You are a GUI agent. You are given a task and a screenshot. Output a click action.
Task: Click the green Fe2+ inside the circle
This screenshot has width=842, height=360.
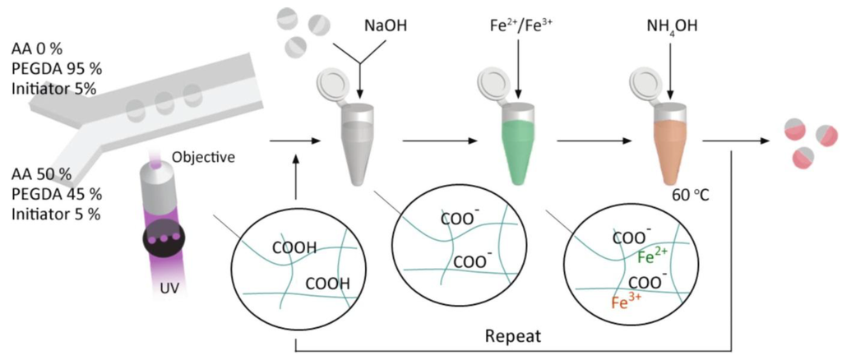point(655,258)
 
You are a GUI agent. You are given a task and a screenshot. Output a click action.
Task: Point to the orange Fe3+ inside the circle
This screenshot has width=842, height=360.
point(628,302)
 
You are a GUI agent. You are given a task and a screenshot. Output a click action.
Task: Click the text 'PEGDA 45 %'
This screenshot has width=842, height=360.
point(57,195)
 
